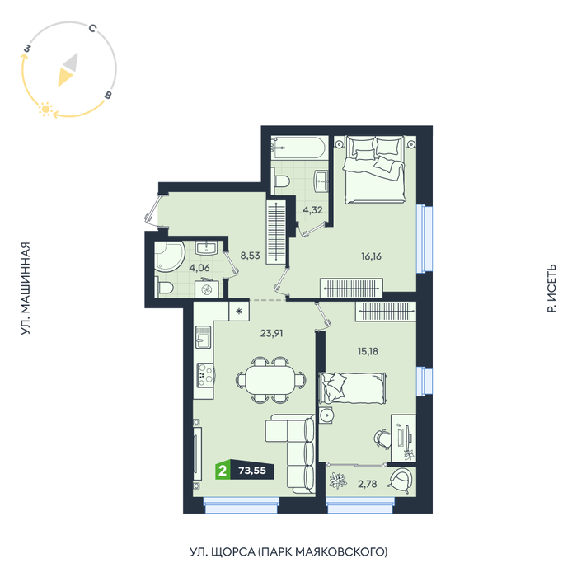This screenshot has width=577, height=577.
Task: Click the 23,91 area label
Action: pyautogui.click(x=271, y=333)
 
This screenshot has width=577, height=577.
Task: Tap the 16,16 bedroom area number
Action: pyautogui.click(x=371, y=256)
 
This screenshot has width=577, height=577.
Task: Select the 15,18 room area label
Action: pyautogui.click(x=368, y=351)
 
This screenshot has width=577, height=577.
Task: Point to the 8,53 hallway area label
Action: pyautogui.click(x=251, y=256)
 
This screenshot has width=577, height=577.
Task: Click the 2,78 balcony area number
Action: pyautogui.click(x=368, y=484)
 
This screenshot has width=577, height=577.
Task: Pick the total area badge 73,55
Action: pyautogui.click(x=252, y=471)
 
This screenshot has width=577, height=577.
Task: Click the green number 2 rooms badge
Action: pyautogui.click(x=223, y=471)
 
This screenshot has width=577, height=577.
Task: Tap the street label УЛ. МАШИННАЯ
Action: pyautogui.click(x=25, y=288)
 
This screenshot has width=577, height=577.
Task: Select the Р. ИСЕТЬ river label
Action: pyautogui.click(x=551, y=288)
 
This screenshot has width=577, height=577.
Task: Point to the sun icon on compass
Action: pyautogui.click(x=46, y=110)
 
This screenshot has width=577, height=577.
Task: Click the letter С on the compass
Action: pyautogui.click(x=92, y=28)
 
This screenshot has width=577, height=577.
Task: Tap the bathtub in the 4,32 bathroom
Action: pyautogui.click(x=298, y=148)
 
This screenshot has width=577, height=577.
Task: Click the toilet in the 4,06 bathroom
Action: pyautogui.click(x=164, y=287)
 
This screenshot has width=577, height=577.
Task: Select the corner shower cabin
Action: pyautogui.click(x=168, y=256)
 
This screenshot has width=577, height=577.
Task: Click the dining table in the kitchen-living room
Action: pyautogui.click(x=270, y=380)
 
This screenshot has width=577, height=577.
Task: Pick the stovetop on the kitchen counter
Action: pyautogui.click(x=205, y=375)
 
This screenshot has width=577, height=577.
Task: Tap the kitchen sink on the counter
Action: pyautogui.click(x=203, y=337)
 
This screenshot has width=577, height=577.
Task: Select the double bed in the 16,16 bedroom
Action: pyautogui.click(x=375, y=170)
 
